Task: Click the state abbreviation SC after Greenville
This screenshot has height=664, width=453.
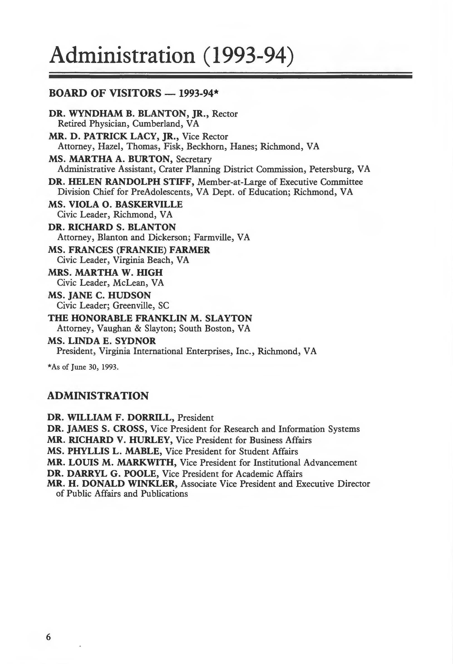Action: (x=163, y=306)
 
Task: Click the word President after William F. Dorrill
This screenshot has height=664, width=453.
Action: (x=195, y=418)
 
